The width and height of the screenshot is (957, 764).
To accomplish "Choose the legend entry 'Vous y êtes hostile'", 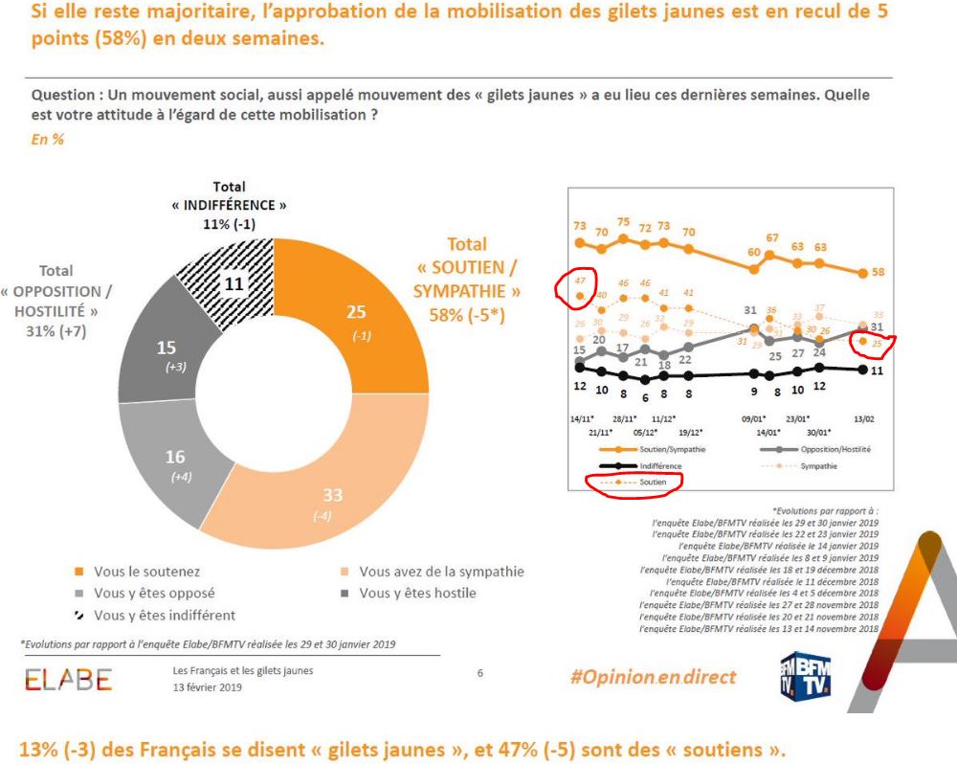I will (417, 593).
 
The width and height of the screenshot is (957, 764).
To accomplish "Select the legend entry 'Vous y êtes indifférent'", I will (165, 615).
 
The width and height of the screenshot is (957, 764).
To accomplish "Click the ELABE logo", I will (68, 680).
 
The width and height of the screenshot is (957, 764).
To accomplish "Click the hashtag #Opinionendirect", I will (653, 677).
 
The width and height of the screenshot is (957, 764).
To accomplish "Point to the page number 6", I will (480, 673).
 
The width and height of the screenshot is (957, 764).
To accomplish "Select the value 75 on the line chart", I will (624, 221).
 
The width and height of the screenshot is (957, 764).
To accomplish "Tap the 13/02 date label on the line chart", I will (865, 418).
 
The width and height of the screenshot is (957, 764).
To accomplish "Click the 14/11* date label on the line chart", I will (580, 418).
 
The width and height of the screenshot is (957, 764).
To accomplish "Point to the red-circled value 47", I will (579, 280).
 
